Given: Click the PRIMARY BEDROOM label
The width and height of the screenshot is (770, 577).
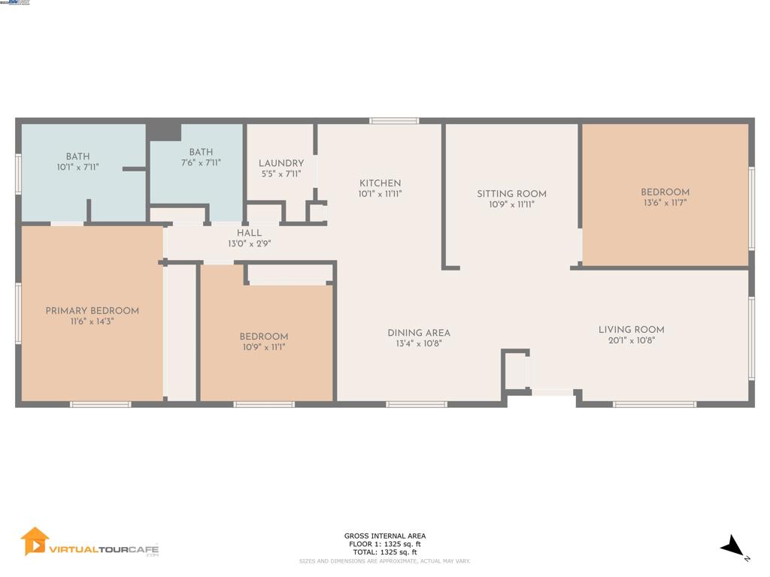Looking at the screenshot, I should click(92, 311).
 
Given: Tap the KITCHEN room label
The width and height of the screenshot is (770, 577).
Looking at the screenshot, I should click(380, 183).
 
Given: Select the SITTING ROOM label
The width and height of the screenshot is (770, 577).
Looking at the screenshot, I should click(511, 194).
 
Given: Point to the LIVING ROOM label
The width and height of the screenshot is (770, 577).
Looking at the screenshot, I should click(631, 330).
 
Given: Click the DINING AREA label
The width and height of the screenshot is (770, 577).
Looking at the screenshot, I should click(419, 333).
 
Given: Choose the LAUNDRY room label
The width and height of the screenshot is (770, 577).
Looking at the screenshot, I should click(281, 164).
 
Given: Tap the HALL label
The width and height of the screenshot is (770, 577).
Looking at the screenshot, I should click(249, 234).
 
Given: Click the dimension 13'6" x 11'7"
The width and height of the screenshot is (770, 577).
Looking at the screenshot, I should click(665, 203).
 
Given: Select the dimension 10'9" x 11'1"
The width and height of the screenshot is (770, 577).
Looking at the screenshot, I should click(264, 347).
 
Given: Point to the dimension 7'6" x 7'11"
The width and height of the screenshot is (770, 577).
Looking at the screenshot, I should click(201, 163).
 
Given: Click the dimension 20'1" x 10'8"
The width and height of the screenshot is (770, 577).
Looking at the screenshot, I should click(631, 341).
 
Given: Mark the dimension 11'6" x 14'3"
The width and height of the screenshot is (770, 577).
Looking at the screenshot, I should click(92, 322).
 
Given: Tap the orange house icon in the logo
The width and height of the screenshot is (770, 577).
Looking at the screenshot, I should click(35, 541).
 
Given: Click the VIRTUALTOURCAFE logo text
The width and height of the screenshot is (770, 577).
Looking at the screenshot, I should click(104, 549).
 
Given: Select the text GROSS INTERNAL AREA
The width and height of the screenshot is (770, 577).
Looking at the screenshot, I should click(385, 536).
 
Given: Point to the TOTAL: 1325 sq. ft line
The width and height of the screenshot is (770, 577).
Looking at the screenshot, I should click(385, 552).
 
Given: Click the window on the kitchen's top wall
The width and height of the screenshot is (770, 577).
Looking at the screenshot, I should click(394, 120).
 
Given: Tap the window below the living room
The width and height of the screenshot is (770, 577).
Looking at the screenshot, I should click(654, 404).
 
